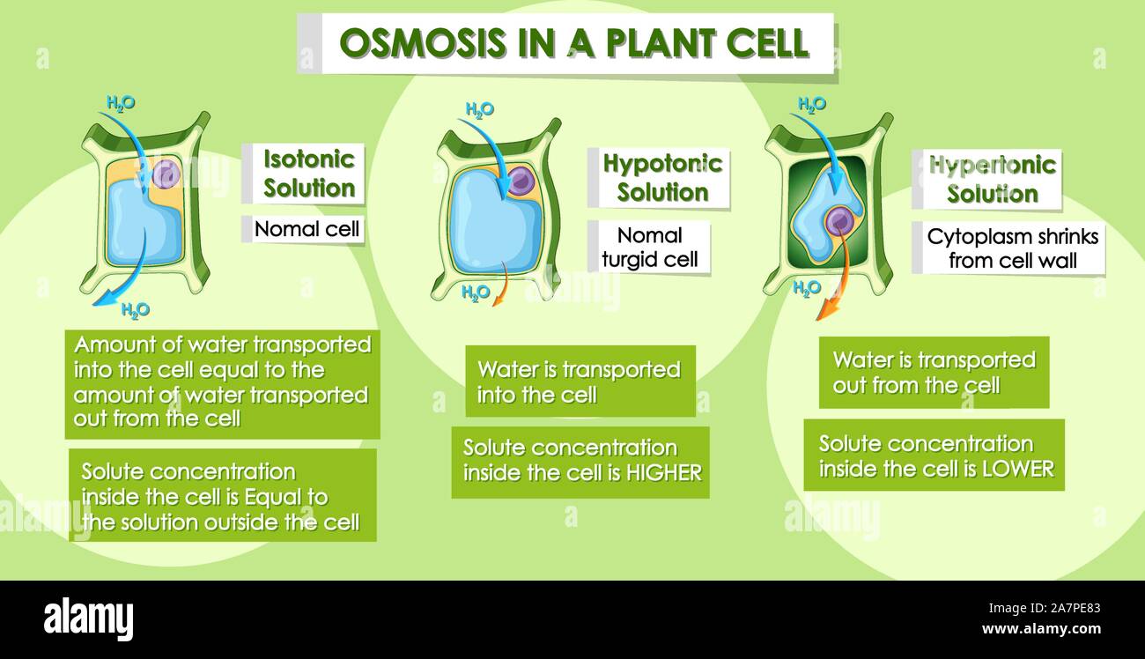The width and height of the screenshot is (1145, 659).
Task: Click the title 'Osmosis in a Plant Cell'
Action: tap(573, 43)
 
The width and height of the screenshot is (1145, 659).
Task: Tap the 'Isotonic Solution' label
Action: tap(309, 174)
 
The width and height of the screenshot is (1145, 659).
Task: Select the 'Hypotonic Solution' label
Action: tap(662, 177)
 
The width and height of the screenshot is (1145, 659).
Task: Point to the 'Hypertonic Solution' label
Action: tap(992, 179)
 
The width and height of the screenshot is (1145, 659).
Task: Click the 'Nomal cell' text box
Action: tap(307, 230)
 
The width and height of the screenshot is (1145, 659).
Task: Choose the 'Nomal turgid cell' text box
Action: tap(649, 248)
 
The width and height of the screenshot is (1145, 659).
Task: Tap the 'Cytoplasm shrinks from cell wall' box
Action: tap(1012, 248)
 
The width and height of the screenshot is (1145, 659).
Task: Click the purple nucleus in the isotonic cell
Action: tap(166, 174)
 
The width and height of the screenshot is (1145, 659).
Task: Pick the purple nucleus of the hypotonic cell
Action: tap(521, 181)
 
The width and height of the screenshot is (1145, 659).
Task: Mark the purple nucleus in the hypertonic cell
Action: tap(838, 221)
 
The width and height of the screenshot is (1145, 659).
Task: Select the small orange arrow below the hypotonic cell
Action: tap(502, 289)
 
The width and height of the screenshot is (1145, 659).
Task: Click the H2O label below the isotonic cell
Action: tap(135, 309)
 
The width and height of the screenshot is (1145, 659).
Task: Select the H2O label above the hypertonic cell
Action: tap(811, 104)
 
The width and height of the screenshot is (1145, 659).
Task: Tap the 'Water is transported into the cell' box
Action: tap(580, 381)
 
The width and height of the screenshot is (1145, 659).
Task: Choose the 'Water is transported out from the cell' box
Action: tap(934, 373)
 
